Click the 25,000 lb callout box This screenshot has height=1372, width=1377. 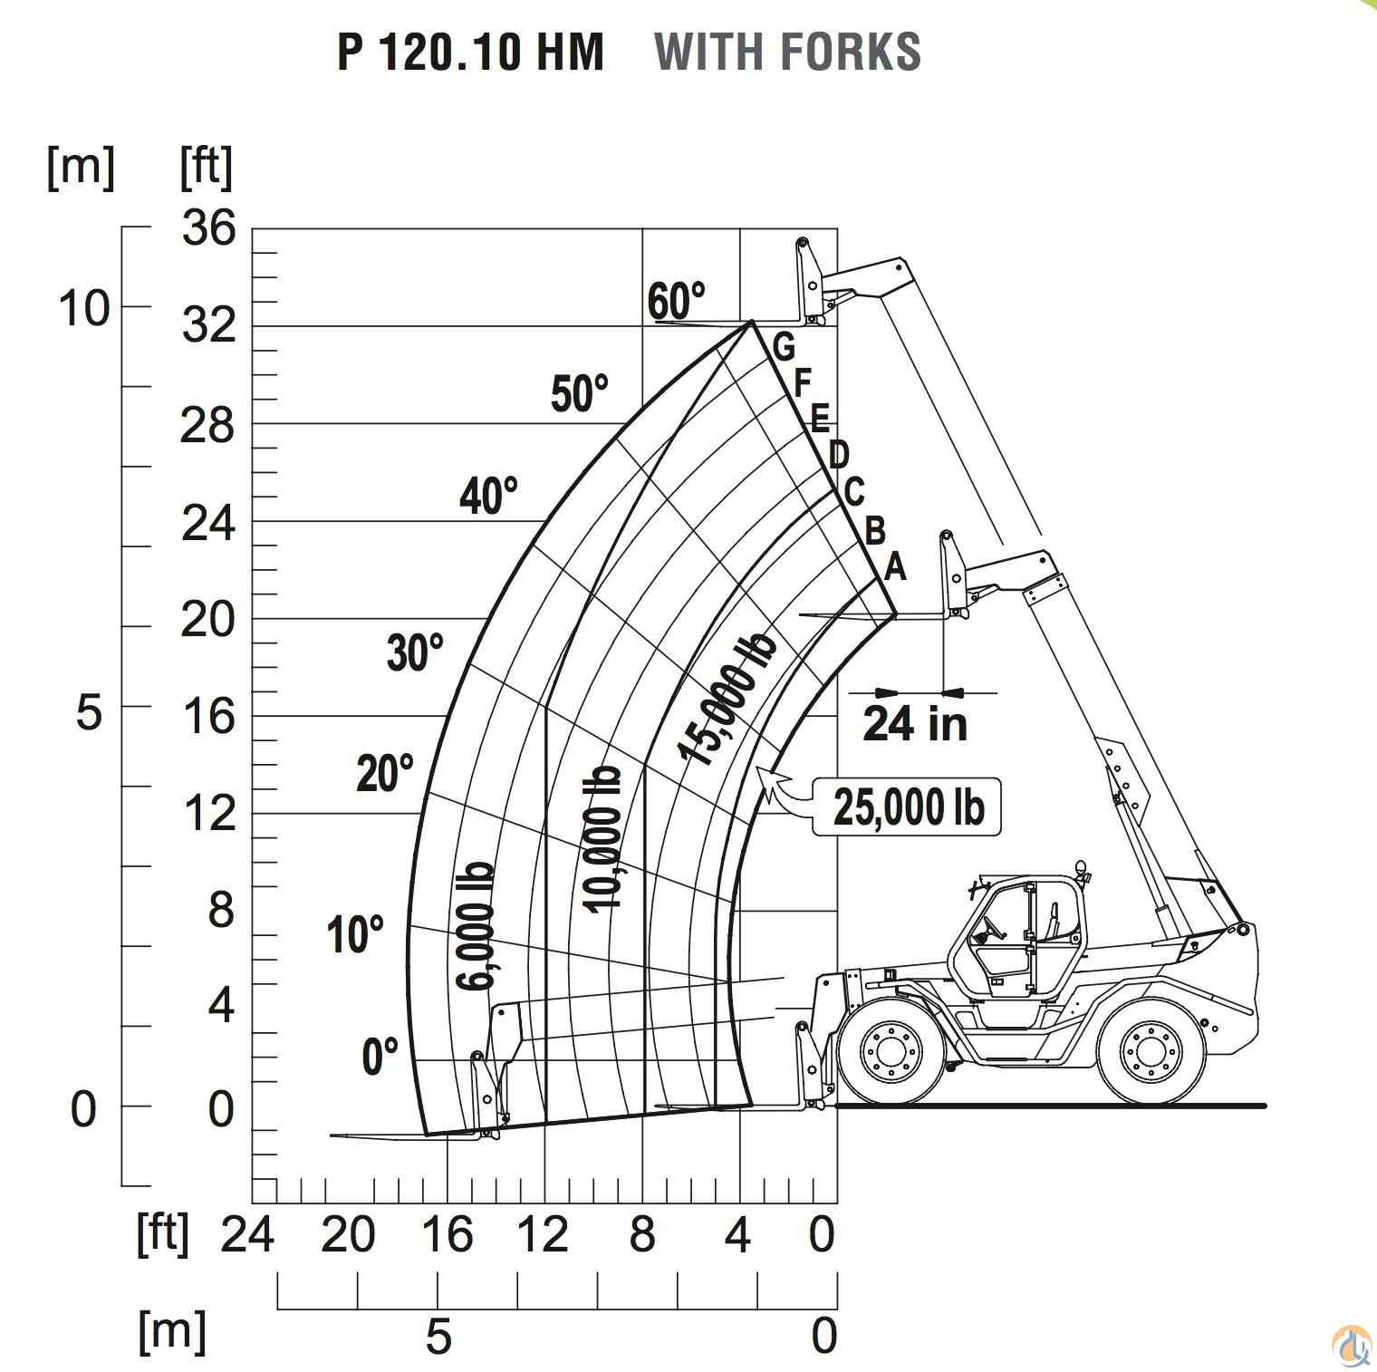pyautogui.click(x=907, y=806)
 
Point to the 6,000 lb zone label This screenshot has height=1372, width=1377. pyautogui.click(x=475, y=925)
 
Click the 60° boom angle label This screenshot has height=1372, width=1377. pyautogui.click(x=676, y=301)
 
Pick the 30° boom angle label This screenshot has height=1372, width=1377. pyautogui.click(x=415, y=652)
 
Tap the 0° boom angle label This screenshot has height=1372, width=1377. pyautogui.click(x=380, y=1056)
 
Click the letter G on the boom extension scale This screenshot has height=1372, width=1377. pyautogui.click(x=784, y=346)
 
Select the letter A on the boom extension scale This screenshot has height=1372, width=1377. pyautogui.click(x=894, y=566)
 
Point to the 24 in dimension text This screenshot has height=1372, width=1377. pyautogui.click(x=915, y=723)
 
